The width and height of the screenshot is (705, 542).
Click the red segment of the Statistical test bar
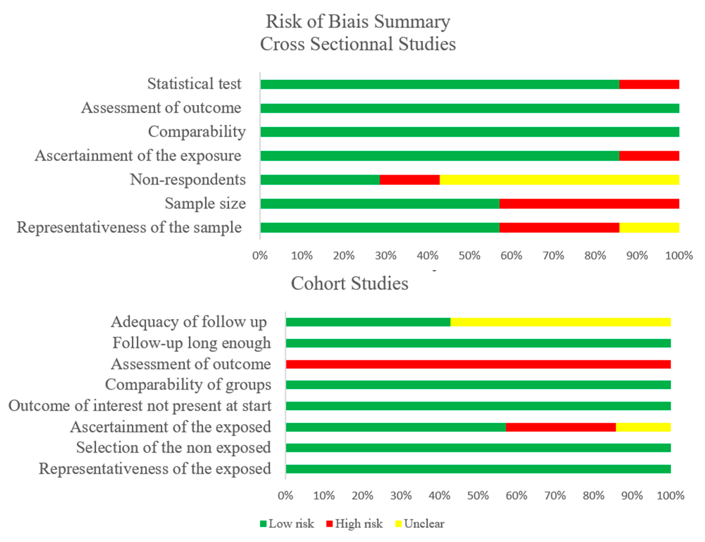click(649, 84)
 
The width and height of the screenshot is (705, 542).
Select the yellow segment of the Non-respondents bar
click(559, 180)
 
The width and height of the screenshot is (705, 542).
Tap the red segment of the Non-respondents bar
click(409, 180)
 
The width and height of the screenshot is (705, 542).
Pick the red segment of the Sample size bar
click(589, 204)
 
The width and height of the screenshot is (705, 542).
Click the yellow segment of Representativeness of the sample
click(649, 227)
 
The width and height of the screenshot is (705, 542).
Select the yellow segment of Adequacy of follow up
click(560, 322)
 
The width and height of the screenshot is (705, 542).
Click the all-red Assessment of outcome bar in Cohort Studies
click(478, 364)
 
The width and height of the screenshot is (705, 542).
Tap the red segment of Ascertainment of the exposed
click(560, 427)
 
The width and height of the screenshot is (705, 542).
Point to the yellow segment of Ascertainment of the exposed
click(643, 427)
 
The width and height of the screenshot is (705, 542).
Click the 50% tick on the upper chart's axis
click(469, 255)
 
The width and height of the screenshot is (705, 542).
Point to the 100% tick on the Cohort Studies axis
click(670, 495)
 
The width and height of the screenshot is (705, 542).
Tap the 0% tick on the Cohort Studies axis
click(285, 495)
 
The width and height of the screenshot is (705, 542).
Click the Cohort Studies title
click(349, 283)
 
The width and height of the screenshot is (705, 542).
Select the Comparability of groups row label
click(188, 385)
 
